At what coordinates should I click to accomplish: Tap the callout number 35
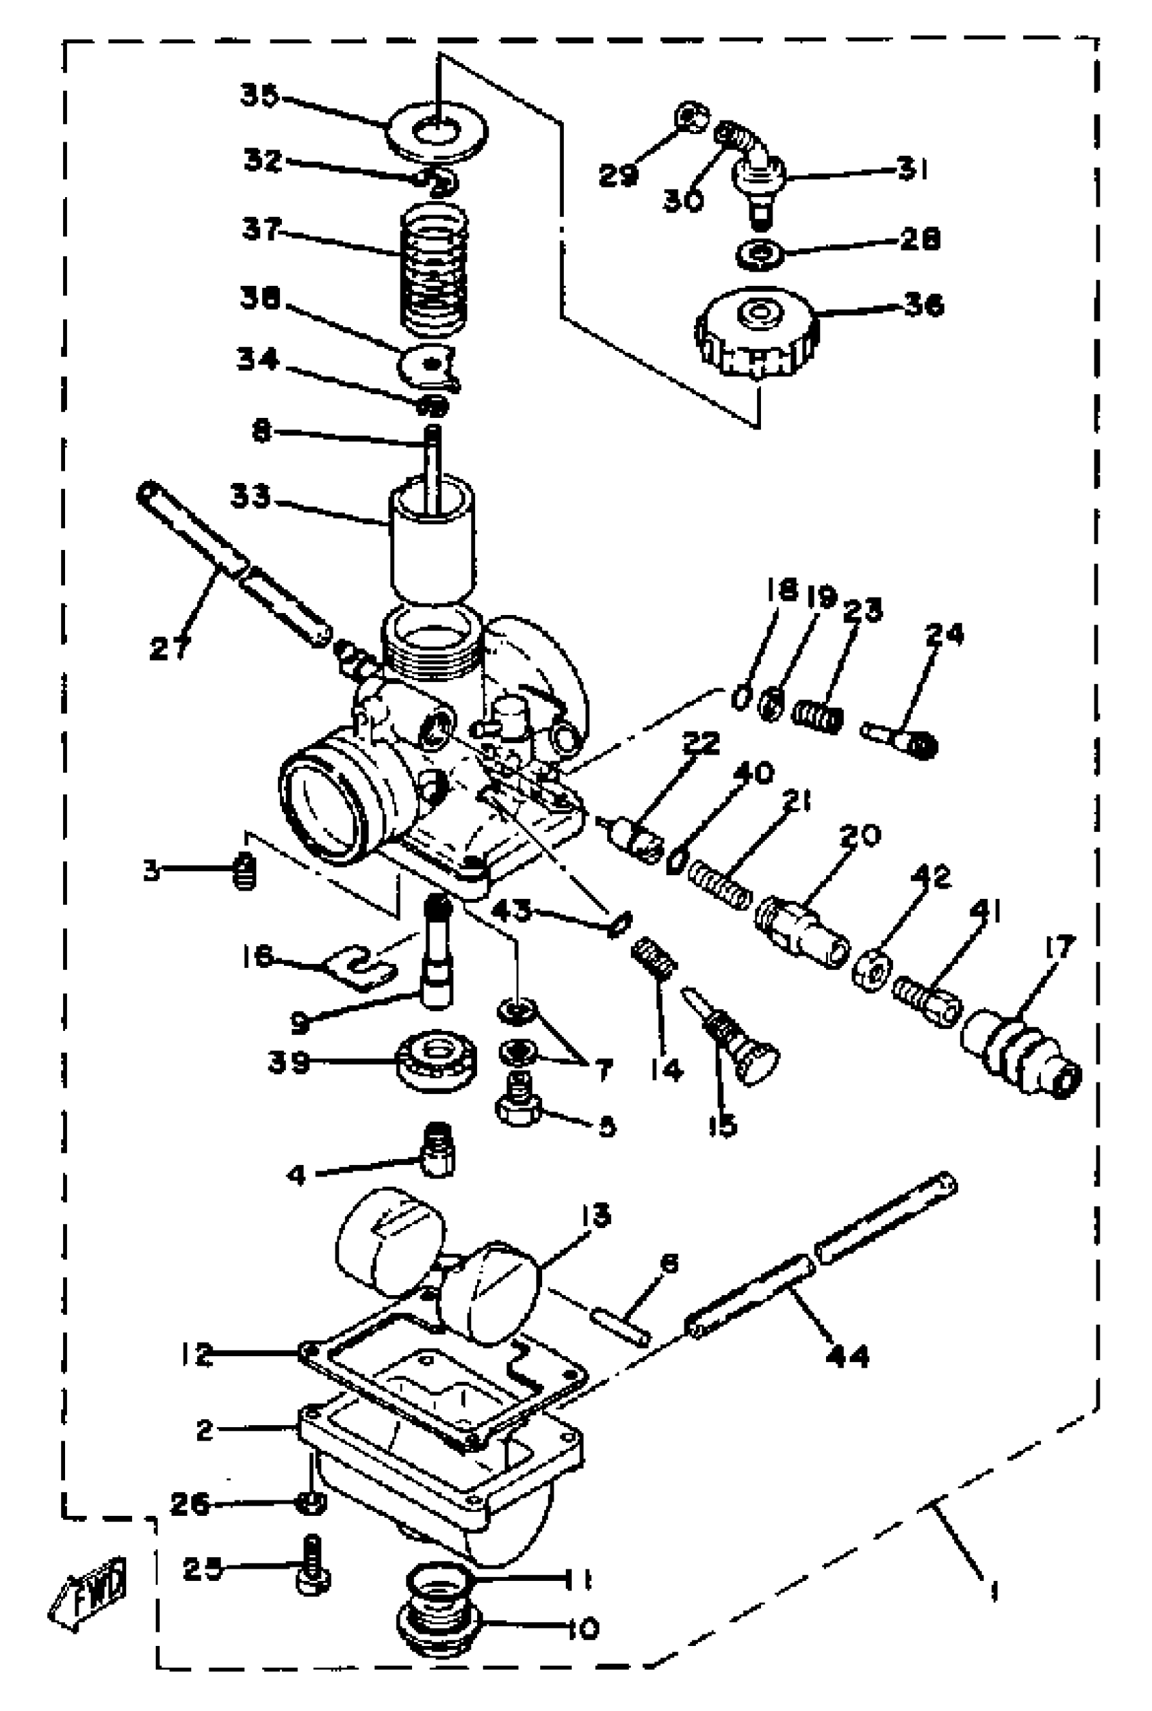(x=260, y=96)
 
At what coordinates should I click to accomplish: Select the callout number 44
(x=847, y=1356)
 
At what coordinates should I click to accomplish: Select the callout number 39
(x=288, y=1063)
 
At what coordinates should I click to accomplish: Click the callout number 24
(x=944, y=634)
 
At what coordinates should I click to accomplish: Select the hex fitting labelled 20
(x=801, y=929)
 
